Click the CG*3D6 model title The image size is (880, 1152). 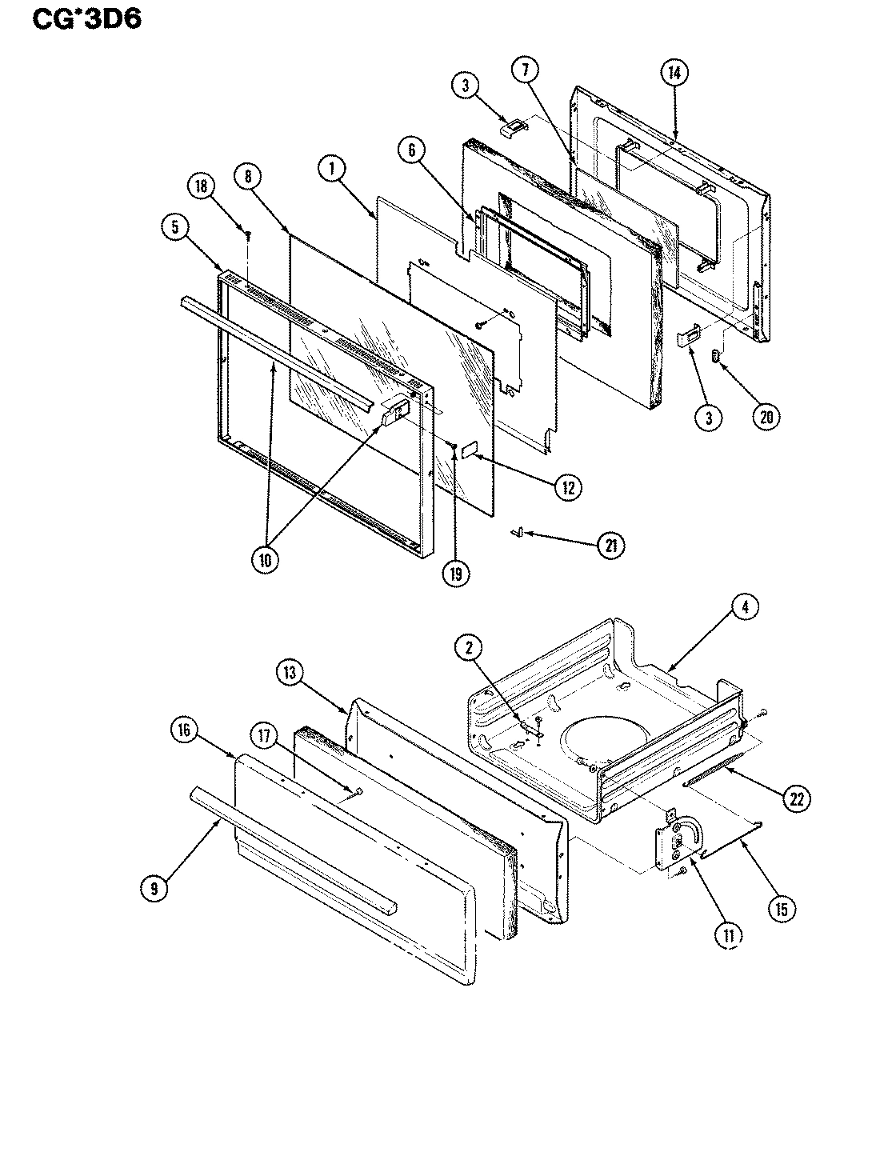pos(87,18)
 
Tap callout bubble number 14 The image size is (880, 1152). pos(674,72)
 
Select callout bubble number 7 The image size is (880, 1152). pos(525,70)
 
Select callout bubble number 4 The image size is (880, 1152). pos(744,607)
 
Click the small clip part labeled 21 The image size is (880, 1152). pos(518,531)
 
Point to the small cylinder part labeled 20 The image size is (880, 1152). pos(717,354)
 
